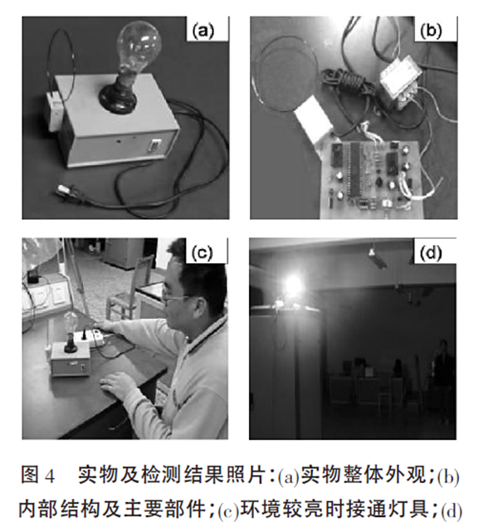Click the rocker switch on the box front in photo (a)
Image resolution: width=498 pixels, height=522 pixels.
click(155, 146)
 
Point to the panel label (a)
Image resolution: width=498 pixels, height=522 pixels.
click(203, 31)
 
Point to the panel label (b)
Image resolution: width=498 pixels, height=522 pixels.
click(431, 31)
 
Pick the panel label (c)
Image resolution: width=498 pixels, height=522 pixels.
click(202, 252)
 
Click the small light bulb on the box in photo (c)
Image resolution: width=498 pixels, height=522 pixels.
click(71, 322)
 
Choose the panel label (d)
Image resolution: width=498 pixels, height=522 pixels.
click(431, 254)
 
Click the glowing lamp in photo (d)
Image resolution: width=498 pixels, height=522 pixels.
click(293, 285)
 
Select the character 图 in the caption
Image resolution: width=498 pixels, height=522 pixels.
click(30, 475)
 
